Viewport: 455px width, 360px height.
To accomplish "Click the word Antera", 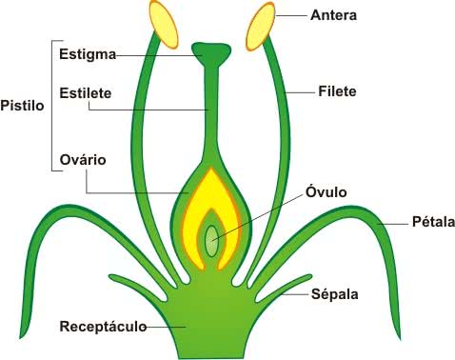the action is pyautogui.click(x=333, y=15).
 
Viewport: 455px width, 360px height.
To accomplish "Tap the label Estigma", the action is pyautogui.click(x=88, y=54).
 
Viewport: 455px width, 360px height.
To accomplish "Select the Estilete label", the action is pyautogui.click(x=86, y=93).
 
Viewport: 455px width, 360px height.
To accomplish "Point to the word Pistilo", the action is pyautogui.click(x=22, y=106).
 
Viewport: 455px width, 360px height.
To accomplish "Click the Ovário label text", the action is pyautogui.click(x=83, y=159).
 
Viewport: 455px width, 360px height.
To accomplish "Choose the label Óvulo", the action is pyautogui.click(x=326, y=191).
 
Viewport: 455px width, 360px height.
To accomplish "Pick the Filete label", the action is pyautogui.click(x=337, y=91).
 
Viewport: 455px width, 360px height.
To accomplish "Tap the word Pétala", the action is pyautogui.click(x=433, y=221).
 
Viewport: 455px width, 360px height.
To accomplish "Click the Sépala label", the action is pyautogui.click(x=335, y=293).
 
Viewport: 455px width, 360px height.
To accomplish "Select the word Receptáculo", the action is pyautogui.click(x=103, y=327).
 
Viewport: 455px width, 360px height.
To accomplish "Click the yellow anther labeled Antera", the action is pyautogui.click(x=261, y=26).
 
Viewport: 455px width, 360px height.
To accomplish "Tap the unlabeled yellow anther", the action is pyautogui.click(x=164, y=25).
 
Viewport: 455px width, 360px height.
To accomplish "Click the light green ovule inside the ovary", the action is pyautogui.click(x=212, y=240).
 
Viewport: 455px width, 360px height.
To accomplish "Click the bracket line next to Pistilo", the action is pyautogui.click(x=52, y=106).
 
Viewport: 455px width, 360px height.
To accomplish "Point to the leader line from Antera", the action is pyautogui.click(x=291, y=15).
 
